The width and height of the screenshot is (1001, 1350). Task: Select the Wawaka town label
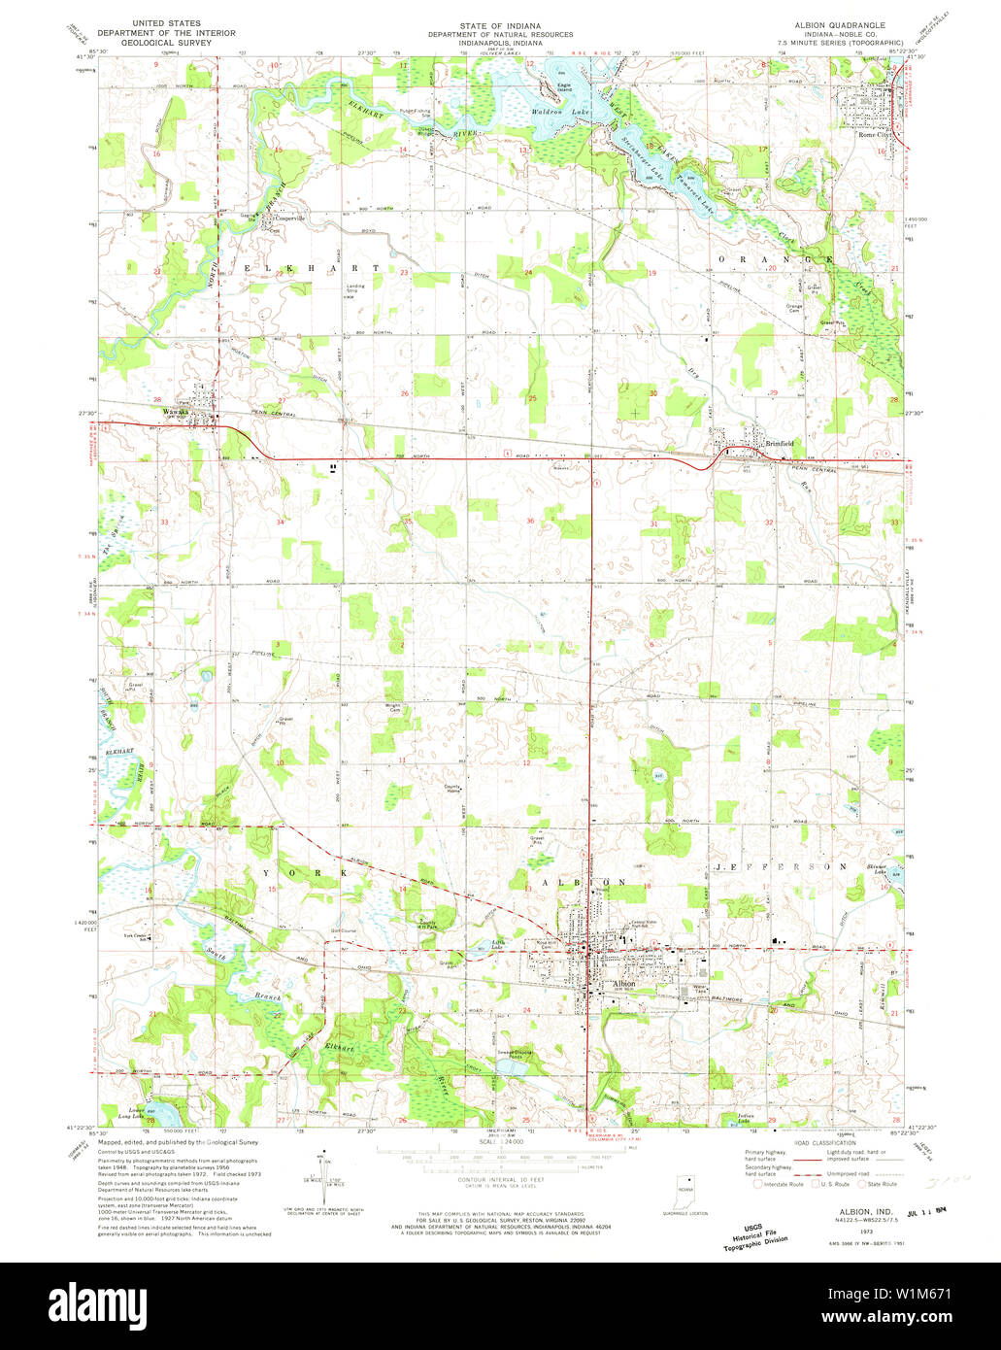coord(176,410)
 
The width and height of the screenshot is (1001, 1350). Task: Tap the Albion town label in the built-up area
coord(623,983)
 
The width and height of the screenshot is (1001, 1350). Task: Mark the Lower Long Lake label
coord(135,1111)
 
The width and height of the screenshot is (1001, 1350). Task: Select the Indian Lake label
coord(746,1118)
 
